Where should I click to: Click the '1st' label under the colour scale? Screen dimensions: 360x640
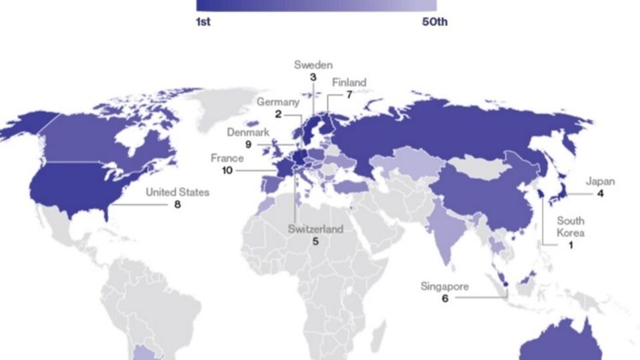pos(203,22)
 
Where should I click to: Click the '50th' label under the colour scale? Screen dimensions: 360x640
pos(435,22)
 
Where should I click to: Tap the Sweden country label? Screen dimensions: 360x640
pos(313,65)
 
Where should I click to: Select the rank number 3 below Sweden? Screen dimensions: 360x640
pos(313,77)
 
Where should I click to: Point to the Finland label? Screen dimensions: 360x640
pos(349,83)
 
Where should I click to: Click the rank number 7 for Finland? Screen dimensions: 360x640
pos(349,95)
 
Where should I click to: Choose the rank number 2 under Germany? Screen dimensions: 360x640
pos(279,115)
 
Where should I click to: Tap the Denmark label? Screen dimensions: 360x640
pos(248,132)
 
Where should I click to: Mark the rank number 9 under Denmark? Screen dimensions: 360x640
pos(248,145)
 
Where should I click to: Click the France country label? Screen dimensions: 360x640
pos(227,159)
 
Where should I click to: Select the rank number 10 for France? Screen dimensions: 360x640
pos(227,171)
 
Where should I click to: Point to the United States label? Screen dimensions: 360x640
pos(177,192)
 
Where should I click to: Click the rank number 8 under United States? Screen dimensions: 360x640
pos(177,205)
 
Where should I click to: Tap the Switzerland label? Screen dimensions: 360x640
pos(315,229)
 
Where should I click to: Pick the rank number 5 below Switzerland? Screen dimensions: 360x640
pos(315,242)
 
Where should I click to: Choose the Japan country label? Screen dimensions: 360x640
pos(600,181)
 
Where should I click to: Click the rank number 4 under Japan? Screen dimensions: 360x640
pos(600,194)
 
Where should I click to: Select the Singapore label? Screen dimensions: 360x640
pos(445,286)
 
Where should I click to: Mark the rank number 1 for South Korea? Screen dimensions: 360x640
pos(571,245)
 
